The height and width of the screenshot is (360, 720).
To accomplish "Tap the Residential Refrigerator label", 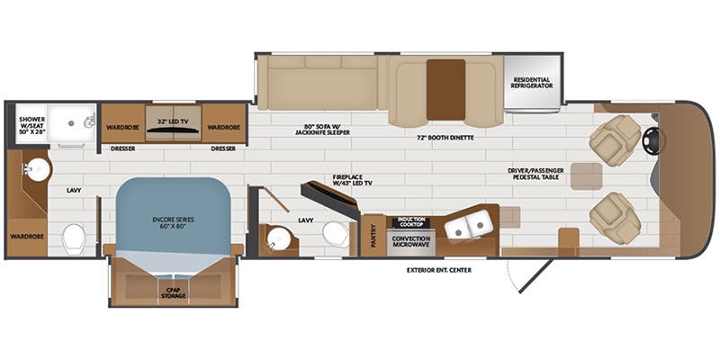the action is point(532,83).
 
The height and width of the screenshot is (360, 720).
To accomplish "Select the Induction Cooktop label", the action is point(411,222).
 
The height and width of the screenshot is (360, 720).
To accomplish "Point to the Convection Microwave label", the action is point(411,241).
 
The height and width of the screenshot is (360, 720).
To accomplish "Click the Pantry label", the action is point(373,235).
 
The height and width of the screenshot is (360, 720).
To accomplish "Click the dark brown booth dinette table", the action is point(445,89).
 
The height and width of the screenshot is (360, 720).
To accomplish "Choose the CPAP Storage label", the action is point(173,293).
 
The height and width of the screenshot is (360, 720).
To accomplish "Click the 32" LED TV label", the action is point(173,121).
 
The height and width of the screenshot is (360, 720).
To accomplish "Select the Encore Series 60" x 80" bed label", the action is point(173,223).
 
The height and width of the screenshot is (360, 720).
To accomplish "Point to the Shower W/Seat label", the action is point(32,124).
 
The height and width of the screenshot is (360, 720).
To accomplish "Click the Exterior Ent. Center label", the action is point(439,270).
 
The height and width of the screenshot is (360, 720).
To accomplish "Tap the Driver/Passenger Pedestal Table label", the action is point(535,173).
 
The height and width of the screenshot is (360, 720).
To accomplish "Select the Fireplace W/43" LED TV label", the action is point(352,179).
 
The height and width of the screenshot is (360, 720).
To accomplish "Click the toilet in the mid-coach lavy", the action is point(336,234).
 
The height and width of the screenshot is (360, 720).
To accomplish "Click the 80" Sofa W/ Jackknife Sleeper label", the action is point(323,130).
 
